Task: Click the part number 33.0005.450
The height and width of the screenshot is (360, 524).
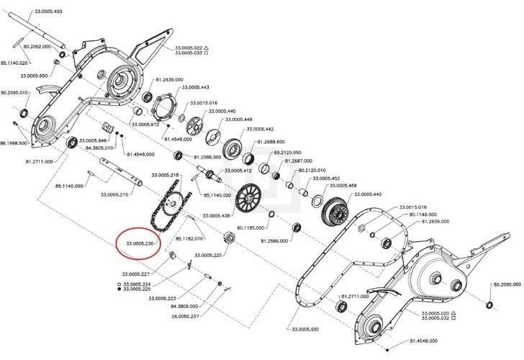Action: pos(48,12)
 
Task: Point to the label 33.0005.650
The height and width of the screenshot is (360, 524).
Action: pos(34,76)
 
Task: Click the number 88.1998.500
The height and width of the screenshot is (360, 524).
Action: pos(14,143)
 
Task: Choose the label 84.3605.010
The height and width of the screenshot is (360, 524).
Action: pos(100,148)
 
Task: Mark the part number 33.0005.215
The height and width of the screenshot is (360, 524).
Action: pos(114,194)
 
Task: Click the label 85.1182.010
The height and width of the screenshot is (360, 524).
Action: pos(191,238)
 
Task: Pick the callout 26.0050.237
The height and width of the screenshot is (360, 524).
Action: pos(186,314)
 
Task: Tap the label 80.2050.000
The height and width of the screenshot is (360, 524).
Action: pos(507,285)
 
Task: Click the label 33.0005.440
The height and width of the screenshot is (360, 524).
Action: pos(367,194)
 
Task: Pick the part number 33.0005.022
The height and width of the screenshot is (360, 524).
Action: pos(189,48)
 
